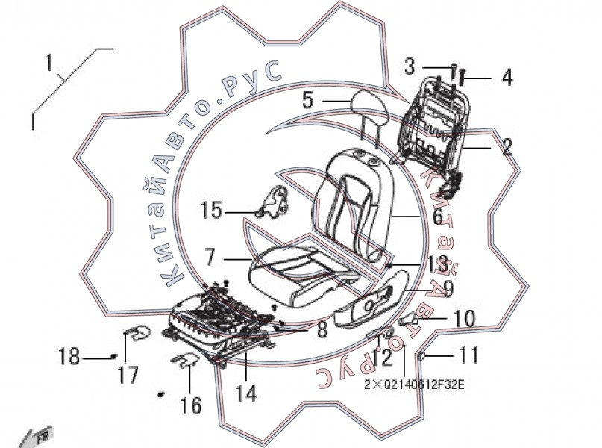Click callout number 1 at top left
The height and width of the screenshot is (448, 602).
click(x=48, y=63)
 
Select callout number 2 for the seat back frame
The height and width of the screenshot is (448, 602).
click(x=507, y=146)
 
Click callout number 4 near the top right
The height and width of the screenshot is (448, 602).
click(x=507, y=78)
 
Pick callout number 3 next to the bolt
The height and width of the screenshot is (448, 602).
click(x=410, y=67)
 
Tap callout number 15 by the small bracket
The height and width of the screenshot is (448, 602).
click(x=212, y=211)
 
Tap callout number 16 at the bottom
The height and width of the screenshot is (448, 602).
click(x=191, y=405)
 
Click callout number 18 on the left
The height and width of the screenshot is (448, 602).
click(x=69, y=358)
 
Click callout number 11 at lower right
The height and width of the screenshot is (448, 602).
click(x=468, y=355)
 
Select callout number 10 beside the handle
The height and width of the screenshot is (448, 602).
click(x=463, y=320)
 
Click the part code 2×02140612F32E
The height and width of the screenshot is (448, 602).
click(x=414, y=385)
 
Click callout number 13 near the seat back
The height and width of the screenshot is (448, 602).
click(x=437, y=264)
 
